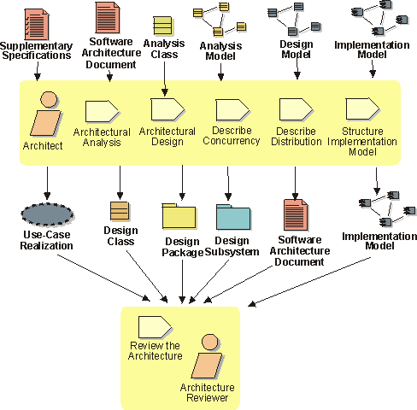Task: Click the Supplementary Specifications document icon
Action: coord(37,25)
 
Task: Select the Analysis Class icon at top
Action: coord(163,26)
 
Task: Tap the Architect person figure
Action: coord(46,114)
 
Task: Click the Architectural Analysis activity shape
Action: coord(102,111)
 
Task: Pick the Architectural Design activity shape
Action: coord(167,109)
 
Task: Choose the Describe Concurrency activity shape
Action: coord(232,110)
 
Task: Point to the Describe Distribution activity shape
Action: coord(297,109)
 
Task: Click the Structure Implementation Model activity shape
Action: coord(362,109)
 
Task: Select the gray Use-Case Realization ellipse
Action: coord(47,214)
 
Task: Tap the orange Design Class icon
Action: coord(120,211)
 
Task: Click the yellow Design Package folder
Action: coord(179,216)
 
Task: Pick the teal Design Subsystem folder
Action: coord(233,217)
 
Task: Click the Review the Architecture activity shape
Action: coord(155,327)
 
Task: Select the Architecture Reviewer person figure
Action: coord(207,356)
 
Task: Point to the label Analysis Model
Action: coord(220,50)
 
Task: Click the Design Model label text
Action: coord(297,49)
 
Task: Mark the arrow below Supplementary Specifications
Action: coord(38,71)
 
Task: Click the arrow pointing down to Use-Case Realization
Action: coord(47,183)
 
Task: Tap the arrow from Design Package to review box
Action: coord(182,282)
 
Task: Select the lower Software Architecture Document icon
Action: coord(296,215)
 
